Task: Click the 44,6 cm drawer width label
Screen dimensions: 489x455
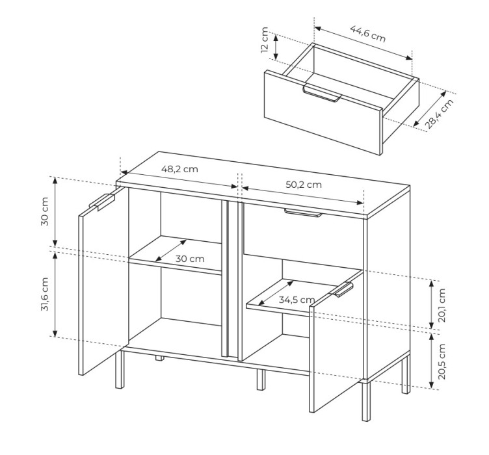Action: click(368, 33)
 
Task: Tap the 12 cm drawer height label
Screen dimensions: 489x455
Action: click(265, 40)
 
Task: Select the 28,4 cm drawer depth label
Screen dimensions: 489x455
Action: click(440, 114)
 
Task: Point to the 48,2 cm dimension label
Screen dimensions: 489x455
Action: click(179, 169)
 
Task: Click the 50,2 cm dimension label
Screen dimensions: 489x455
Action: click(304, 185)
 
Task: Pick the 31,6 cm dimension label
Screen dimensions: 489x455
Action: click(45, 294)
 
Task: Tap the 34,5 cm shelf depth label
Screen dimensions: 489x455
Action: click(297, 300)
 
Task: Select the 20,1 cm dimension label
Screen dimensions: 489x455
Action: click(442, 305)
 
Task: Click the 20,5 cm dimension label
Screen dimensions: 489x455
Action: click(442, 361)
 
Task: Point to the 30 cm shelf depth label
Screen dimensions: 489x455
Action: click(190, 259)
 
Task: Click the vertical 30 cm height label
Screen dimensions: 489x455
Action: click(45, 212)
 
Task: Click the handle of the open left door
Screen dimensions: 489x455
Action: click(102, 201)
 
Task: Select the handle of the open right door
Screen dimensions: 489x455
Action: click(342, 289)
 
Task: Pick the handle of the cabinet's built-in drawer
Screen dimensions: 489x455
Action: click(303, 213)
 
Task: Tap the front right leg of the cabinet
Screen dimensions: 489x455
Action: click(367, 401)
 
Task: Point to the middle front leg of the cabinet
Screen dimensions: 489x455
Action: click(261, 380)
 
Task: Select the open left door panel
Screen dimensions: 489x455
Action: click(103, 281)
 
